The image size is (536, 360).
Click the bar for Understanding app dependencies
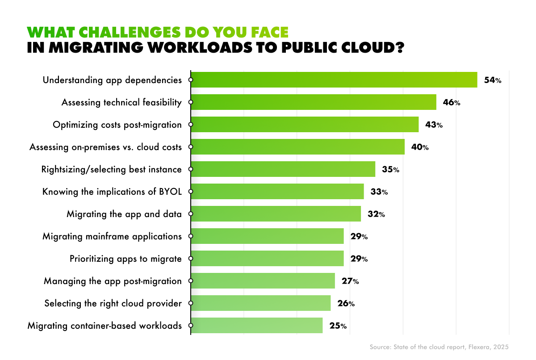pyautogui.click(x=334, y=80)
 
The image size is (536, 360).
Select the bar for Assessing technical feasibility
pyautogui.click(x=314, y=102)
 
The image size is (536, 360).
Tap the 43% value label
pyautogui.click(x=434, y=125)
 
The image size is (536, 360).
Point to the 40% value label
pyautogui.click(x=420, y=147)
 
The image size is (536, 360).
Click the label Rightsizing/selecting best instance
pyautogui.click(x=111, y=169)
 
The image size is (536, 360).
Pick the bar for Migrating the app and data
pyautogui.click(x=276, y=214)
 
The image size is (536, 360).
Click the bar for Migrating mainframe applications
pyautogui.click(x=267, y=236)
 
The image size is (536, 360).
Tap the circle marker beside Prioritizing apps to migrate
pyautogui.click(x=191, y=259)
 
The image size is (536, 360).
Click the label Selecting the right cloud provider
pyautogui.click(x=113, y=304)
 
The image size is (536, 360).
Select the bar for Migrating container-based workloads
pyautogui.click(x=256, y=326)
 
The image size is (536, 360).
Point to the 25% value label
pyautogui.click(x=338, y=326)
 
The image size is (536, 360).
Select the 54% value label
pyautogui.click(x=493, y=80)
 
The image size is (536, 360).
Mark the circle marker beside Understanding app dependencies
pyautogui.click(x=191, y=80)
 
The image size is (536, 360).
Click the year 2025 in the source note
pyautogui.click(x=500, y=347)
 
